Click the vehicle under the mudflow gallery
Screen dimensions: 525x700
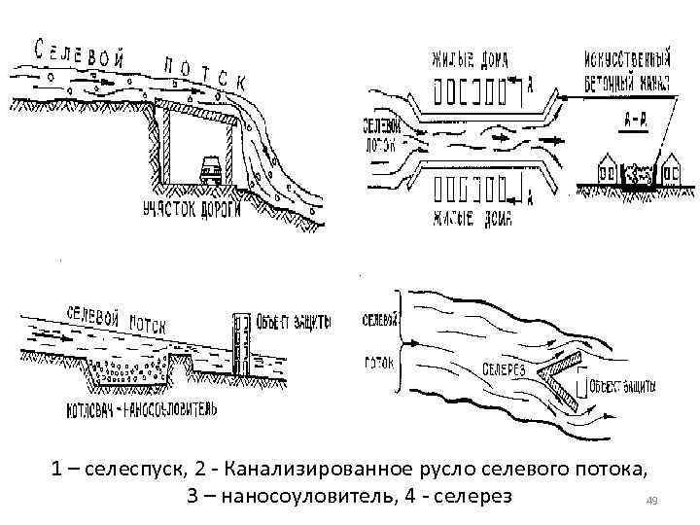209,170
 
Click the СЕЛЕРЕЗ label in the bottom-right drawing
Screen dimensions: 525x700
503,369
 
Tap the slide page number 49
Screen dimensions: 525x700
652,501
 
